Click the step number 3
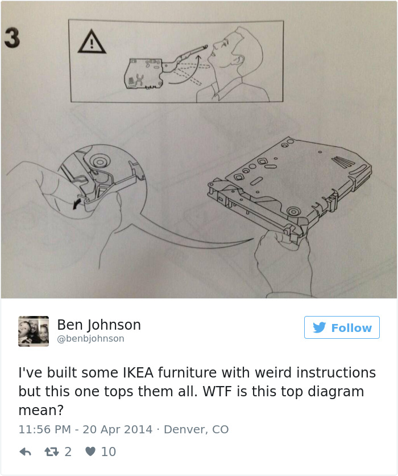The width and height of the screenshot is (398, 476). (x=12, y=37)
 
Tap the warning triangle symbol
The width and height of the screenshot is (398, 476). (x=90, y=42)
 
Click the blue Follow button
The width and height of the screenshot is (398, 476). (x=342, y=327)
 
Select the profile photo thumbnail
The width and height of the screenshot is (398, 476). (x=34, y=331)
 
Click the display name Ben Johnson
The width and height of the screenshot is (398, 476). (x=99, y=325)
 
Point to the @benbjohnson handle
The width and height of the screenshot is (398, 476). (x=90, y=339)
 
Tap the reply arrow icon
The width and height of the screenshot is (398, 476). (x=25, y=452)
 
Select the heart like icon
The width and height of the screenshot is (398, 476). (x=90, y=452)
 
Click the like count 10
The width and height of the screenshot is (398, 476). (x=108, y=452)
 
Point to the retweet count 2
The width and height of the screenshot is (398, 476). (x=68, y=452)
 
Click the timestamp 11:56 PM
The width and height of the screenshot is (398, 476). (x=44, y=429)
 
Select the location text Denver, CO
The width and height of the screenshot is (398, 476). (x=196, y=429)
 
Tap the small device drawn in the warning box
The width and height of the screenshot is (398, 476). (x=143, y=72)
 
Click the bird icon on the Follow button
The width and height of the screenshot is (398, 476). (x=320, y=328)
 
